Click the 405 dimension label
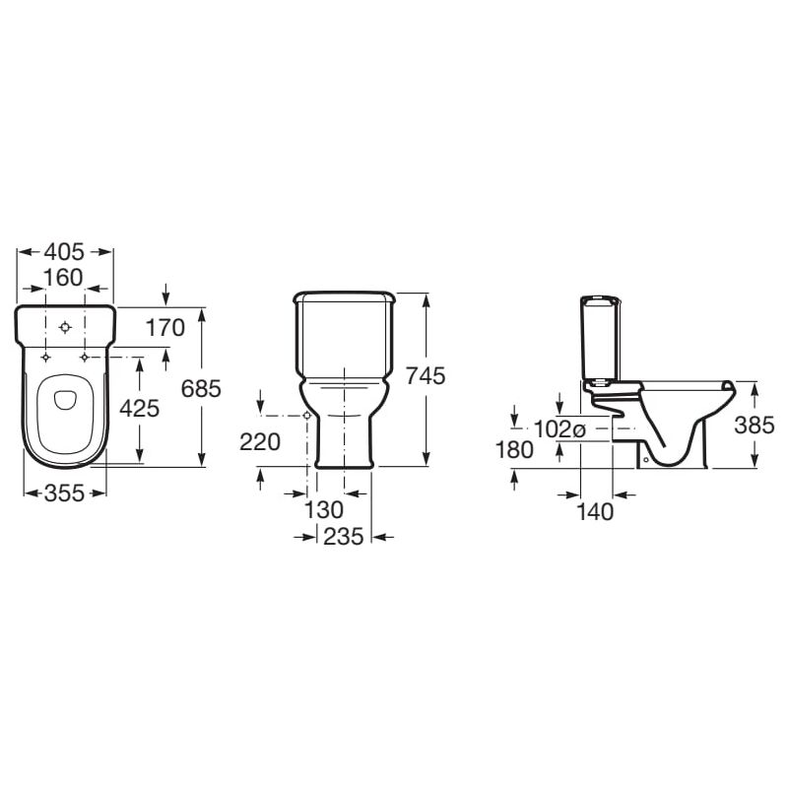click(64, 252)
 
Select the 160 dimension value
click(63, 278)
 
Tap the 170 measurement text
click(165, 328)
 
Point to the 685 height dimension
click(201, 388)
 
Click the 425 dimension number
click(139, 408)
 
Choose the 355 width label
click(65, 493)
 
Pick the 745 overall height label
click(426, 375)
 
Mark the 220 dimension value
click(260, 442)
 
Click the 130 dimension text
click(324, 509)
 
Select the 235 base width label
click(343, 536)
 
